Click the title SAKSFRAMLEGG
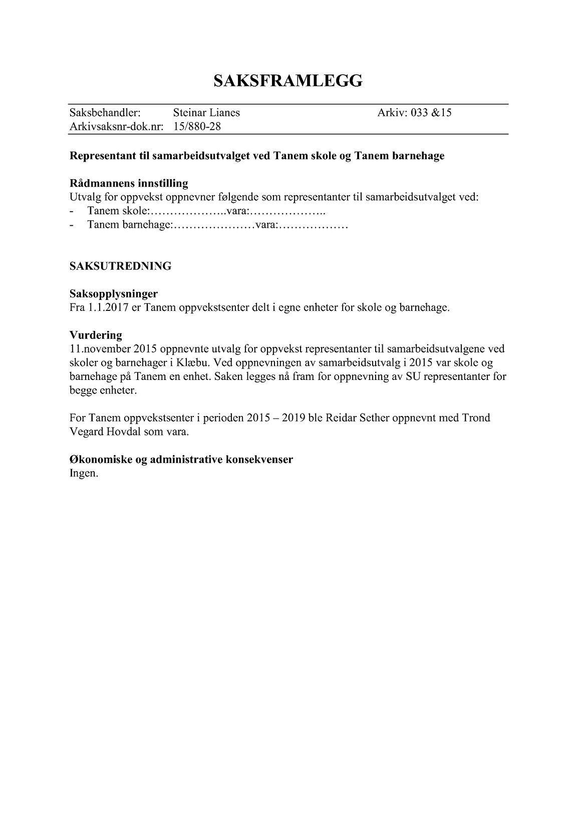288,81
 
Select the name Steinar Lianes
206,113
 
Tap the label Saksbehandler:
105,113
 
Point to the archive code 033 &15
431,113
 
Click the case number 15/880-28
197,127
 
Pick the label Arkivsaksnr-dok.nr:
117,127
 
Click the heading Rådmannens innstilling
129,183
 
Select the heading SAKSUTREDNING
120,266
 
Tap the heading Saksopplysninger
114,293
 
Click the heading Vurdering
96,335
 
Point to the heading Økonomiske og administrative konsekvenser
181,459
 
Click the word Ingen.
84,473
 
